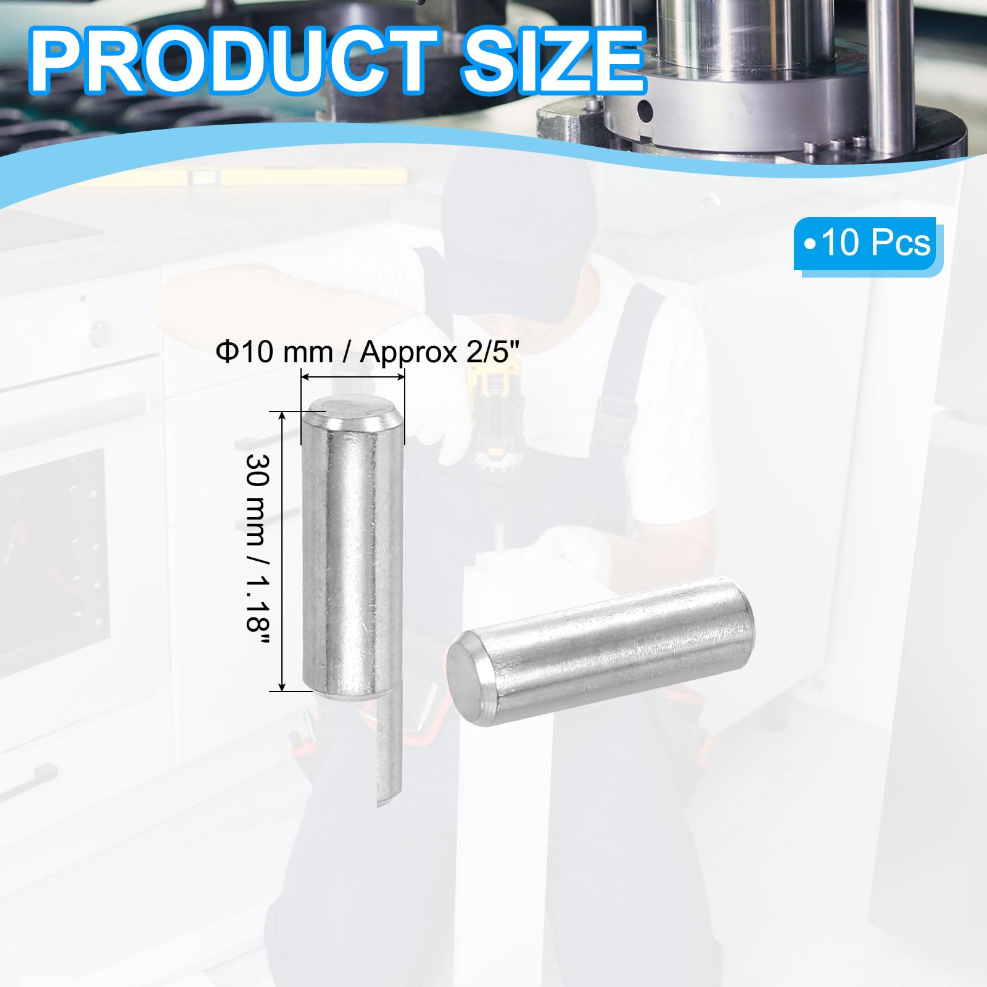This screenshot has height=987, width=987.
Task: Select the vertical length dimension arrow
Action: (283, 551)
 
